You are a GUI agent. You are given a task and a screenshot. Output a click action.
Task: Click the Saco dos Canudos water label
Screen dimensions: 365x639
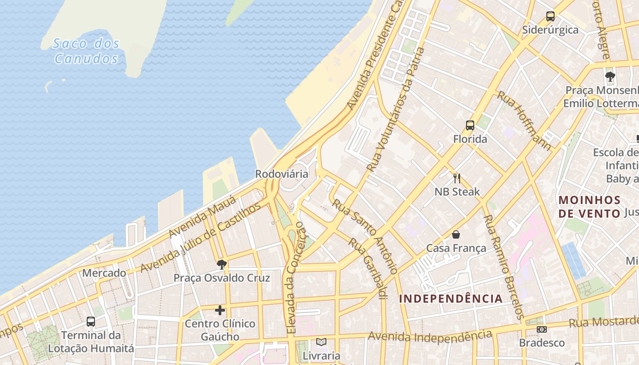pyautogui.click(x=86, y=51)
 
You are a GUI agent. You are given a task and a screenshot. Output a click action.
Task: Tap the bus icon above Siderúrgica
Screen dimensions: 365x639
pyautogui.click(x=550, y=17)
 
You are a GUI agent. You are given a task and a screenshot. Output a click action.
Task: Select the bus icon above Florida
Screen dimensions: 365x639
pyautogui.click(x=470, y=125)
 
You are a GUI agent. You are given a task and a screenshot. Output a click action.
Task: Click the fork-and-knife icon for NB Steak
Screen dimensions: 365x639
pyautogui.click(x=457, y=178)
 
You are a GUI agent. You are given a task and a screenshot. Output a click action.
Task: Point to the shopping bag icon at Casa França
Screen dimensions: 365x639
pyautogui.click(x=456, y=235)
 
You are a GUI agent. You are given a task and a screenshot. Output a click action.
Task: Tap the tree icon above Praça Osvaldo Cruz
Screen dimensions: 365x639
pyautogui.click(x=222, y=264)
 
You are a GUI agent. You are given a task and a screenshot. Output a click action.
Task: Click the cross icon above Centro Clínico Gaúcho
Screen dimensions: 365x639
pyautogui.click(x=220, y=311)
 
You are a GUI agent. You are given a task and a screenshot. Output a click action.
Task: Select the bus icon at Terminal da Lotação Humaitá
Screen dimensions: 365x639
pyautogui.click(x=91, y=322)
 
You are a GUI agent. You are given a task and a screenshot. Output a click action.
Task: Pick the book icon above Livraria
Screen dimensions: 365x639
pyautogui.click(x=321, y=342)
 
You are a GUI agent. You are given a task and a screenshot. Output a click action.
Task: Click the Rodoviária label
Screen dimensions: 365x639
pyautogui.click(x=282, y=174)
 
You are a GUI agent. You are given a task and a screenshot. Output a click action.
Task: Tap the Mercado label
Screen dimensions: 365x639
pyautogui.click(x=104, y=273)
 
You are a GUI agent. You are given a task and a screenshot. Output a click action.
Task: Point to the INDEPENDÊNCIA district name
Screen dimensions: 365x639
pyautogui.click(x=451, y=299)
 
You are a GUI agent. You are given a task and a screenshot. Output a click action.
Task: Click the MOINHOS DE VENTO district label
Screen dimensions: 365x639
pyautogui.click(x=590, y=207)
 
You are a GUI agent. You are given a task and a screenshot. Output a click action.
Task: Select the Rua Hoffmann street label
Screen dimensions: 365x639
pyautogui.click(x=524, y=120)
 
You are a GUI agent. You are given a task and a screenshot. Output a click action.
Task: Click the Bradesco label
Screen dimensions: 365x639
pyautogui.click(x=542, y=343)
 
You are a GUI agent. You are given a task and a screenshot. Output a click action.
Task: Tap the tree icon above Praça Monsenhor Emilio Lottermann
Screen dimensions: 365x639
pyautogui.click(x=610, y=76)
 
